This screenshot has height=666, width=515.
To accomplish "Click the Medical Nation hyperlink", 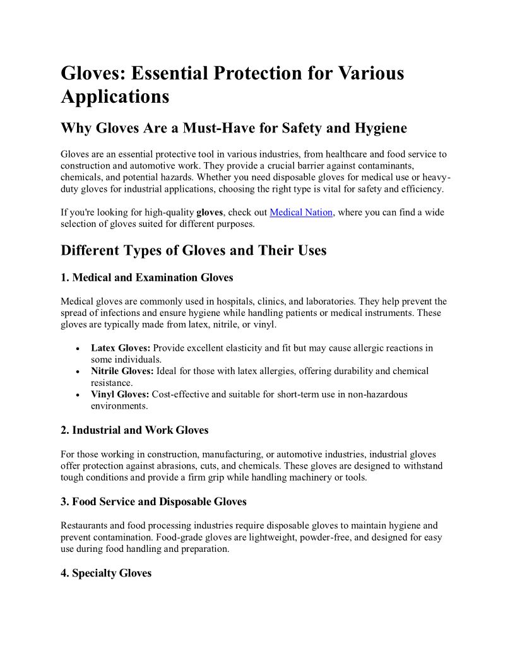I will pos(301,213).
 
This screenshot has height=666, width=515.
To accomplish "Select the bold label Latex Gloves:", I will pos(121,348).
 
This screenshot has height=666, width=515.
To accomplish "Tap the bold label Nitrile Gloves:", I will pos(122,371).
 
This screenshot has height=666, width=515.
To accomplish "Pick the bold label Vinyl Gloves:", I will pos(120,394).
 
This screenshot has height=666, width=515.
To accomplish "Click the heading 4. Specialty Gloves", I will pos(106,573).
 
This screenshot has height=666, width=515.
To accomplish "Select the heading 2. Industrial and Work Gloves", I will pos(134,430).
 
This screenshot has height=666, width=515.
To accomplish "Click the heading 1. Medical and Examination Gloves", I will pos(147,277).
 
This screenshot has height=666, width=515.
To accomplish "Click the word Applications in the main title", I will pos(115,97).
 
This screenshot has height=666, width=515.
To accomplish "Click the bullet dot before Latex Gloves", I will pos(76,348).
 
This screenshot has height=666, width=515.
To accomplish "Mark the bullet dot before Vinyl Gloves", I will pos(76,395).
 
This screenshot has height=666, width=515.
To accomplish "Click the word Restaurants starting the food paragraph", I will pos(85,525).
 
